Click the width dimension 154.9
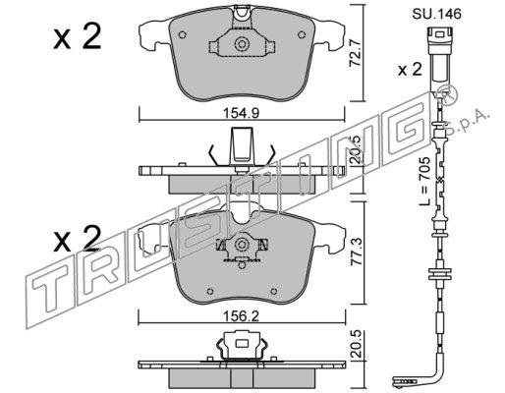[241, 113]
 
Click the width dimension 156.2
[241, 316]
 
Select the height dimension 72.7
[355, 54]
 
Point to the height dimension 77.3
[357, 252]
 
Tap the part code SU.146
[436, 14]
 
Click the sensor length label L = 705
[425, 181]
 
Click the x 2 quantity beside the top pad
[78, 37]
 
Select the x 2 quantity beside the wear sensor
[410, 70]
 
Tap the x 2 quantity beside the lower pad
[77, 239]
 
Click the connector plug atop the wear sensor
[439, 55]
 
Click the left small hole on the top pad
[183, 34]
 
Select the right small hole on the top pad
[302, 34]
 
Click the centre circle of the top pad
[242, 44]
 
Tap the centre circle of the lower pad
[242, 245]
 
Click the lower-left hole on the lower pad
[210, 291]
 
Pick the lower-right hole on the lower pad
[273, 291]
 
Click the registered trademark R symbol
[449, 95]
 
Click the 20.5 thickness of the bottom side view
[357, 344]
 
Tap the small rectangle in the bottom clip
[243, 344]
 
